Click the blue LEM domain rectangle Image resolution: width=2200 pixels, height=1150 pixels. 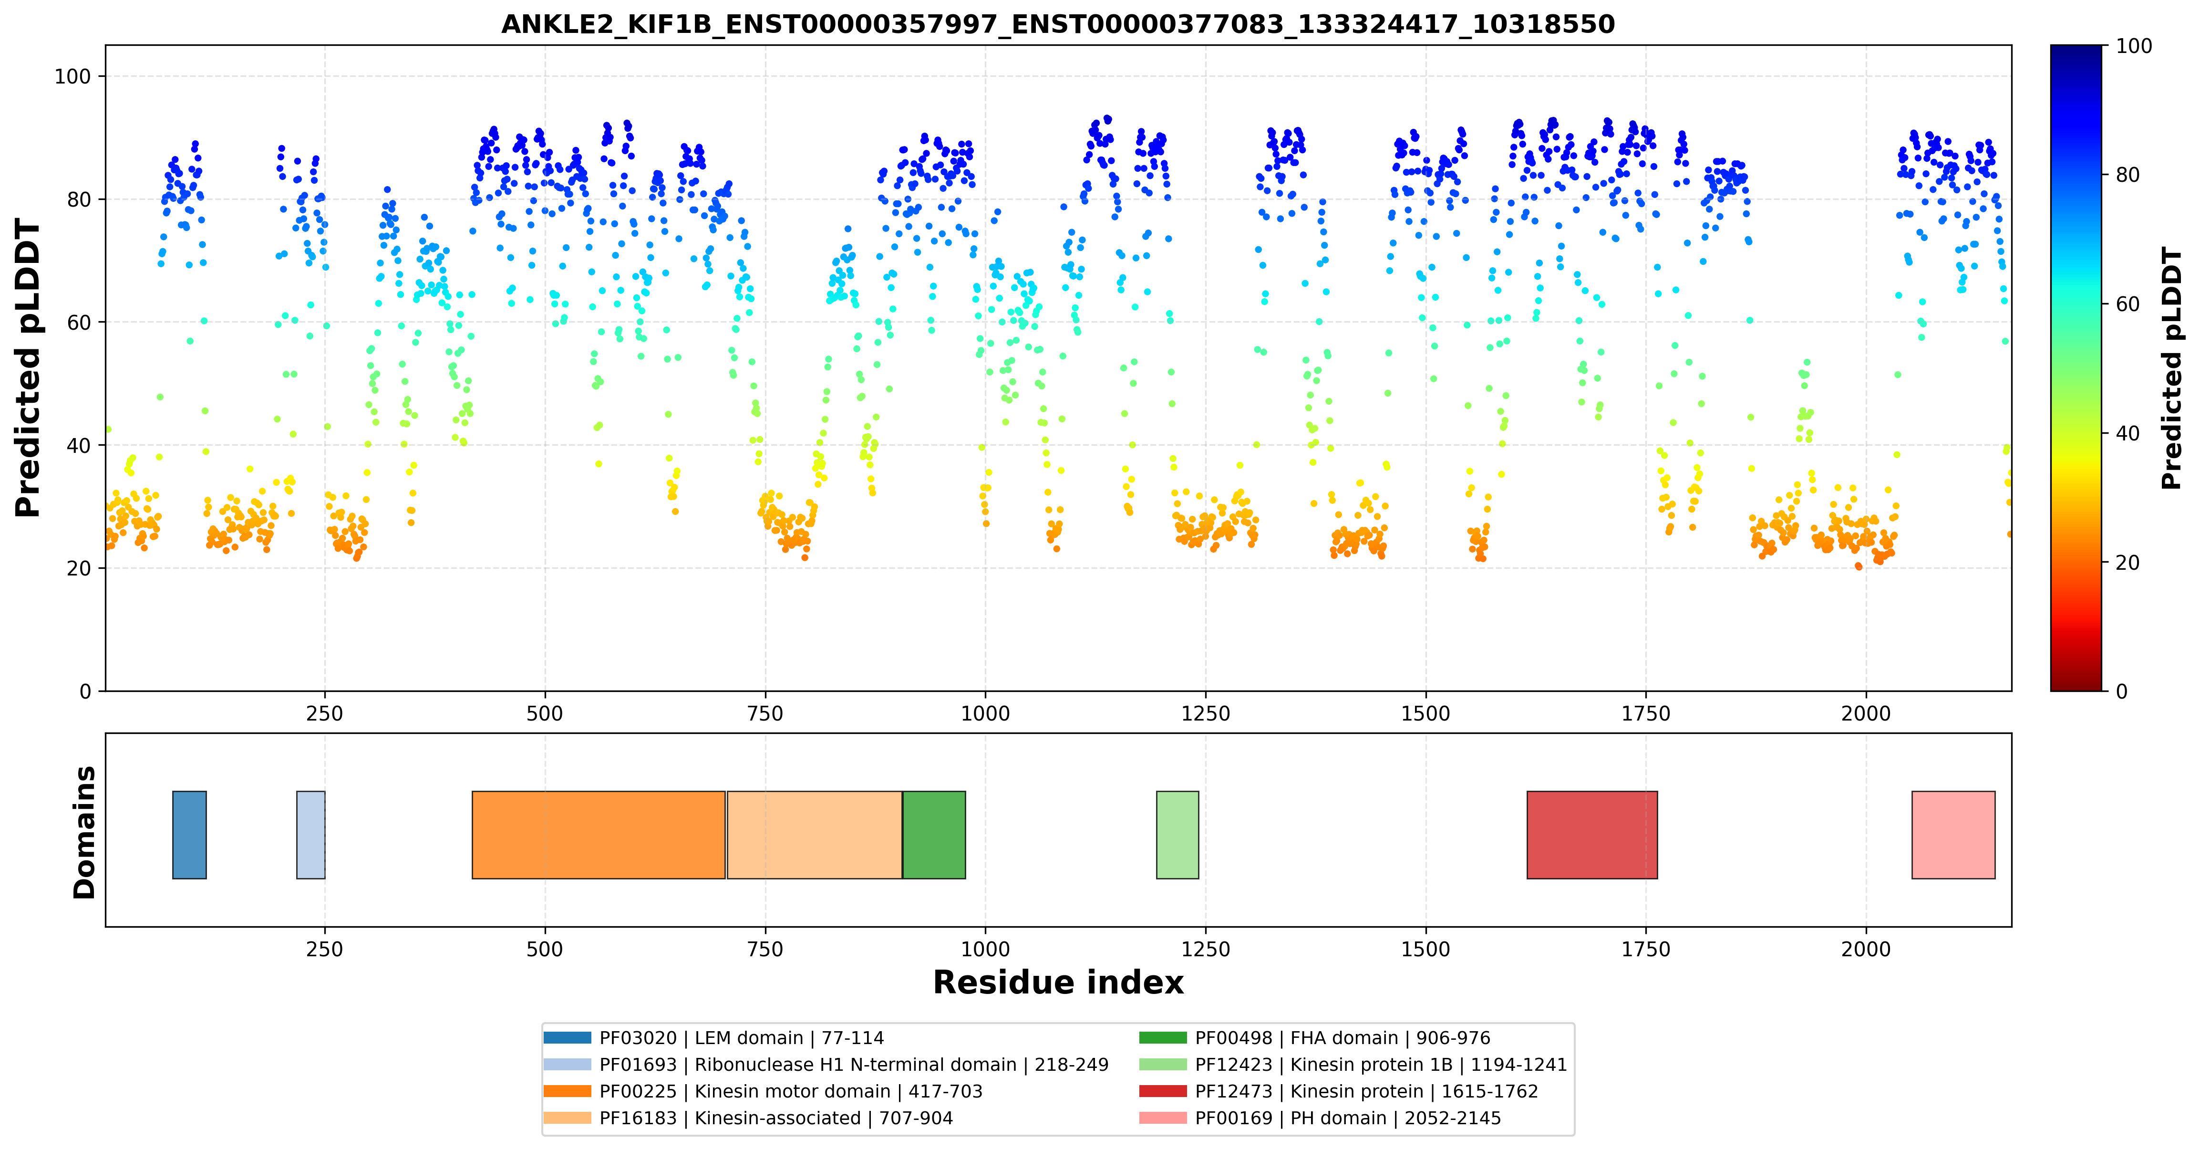(190, 835)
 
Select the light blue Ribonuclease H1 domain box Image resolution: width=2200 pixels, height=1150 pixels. (311, 835)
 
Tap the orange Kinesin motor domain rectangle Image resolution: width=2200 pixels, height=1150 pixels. (599, 835)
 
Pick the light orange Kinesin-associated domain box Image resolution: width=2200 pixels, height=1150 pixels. (815, 835)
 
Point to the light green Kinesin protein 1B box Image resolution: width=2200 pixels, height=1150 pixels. (1177, 835)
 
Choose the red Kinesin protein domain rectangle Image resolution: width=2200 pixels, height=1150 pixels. (1592, 835)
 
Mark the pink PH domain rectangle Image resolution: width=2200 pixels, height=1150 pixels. (1953, 835)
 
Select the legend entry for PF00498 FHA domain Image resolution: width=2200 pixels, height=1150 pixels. (1315, 1038)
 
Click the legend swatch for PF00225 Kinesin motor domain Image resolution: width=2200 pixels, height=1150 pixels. (567, 1091)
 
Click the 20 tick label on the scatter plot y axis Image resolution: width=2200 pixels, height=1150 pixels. (79, 568)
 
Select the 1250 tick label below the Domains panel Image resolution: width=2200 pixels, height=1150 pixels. (1205, 949)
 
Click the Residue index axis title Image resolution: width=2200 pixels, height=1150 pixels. (1058, 983)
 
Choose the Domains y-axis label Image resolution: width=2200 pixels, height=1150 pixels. (84, 832)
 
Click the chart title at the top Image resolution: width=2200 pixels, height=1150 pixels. (1058, 24)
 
